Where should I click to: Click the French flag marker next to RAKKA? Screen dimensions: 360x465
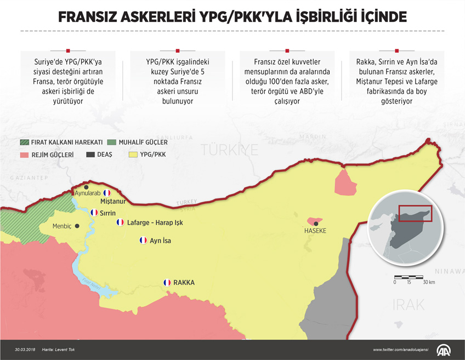[x=167, y=283]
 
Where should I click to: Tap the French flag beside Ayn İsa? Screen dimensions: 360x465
[x=143, y=241]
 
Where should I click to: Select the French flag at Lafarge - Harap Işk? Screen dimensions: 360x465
[x=120, y=222]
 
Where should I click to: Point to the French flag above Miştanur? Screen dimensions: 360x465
[x=106, y=193]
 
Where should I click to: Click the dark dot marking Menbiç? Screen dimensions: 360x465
[x=77, y=226]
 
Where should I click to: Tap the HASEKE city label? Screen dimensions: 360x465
[x=315, y=231]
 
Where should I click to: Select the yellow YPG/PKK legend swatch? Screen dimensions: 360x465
[x=132, y=155]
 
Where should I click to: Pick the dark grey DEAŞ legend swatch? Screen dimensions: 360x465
[x=90, y=155]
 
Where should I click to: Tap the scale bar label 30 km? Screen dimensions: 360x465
[x=428, y=282]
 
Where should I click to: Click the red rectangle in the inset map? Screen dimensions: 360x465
[x=415, y=214]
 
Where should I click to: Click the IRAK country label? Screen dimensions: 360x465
[x=409, y=305]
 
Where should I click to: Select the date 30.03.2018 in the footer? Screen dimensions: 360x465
[x=26, y=350]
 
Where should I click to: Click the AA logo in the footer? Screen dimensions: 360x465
[x=444, y=349]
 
